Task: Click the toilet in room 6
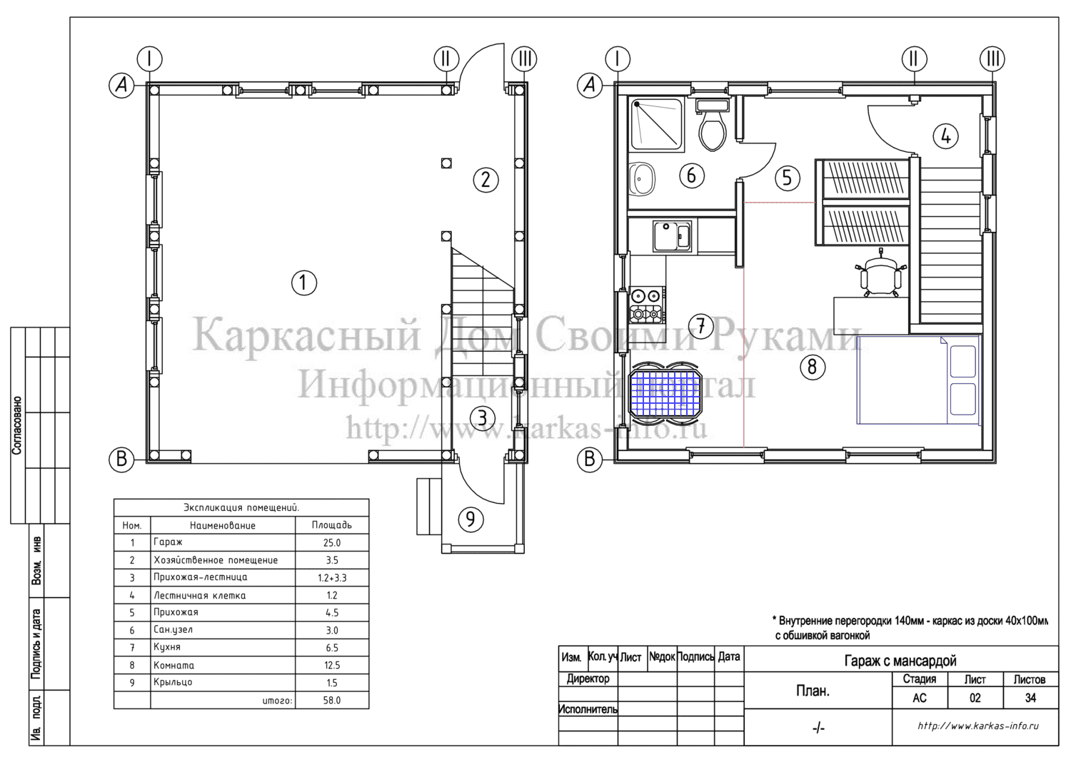tap(713, 126)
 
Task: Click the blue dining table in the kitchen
tap(665, 393)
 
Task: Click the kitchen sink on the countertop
tap(672, 235)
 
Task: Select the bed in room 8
tap(918, 380)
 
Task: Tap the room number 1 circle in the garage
tap(304, 283)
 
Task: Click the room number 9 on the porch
tap(471, 519)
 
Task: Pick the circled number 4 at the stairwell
tap(946, 137)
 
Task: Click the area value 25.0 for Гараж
tap(332, 542)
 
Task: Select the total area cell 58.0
tap(332, 701)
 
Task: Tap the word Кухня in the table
tap(167, 647)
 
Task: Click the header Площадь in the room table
tap(332, 524)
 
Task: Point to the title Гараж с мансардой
tap(900, 661)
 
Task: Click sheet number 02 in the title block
tap(975, 698)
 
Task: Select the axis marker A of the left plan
tap(121, 86)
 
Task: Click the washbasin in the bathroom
tap(641, 179)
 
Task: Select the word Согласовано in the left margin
tap(16, 425)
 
